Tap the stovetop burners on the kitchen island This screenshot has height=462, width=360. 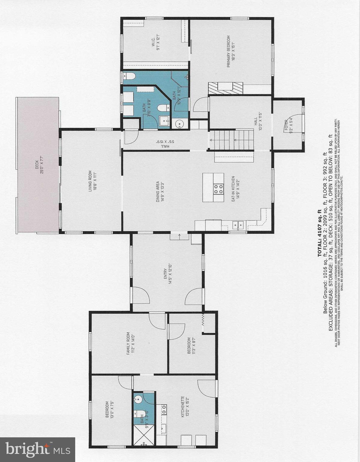click(218, 189)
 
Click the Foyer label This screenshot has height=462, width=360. click(288, 126)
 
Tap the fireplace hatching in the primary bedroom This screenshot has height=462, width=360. click(225, 88)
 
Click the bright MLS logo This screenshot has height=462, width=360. click(38, 450)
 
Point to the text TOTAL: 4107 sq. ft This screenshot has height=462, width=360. click(319, 233)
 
